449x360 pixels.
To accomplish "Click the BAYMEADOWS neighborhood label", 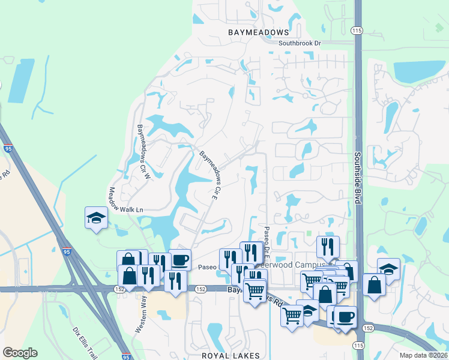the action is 259,32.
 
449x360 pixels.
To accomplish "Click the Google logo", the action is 20,353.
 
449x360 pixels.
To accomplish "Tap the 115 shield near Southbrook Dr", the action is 358,31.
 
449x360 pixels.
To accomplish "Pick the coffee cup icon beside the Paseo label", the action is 180,260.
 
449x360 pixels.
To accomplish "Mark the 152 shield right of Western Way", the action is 200,289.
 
